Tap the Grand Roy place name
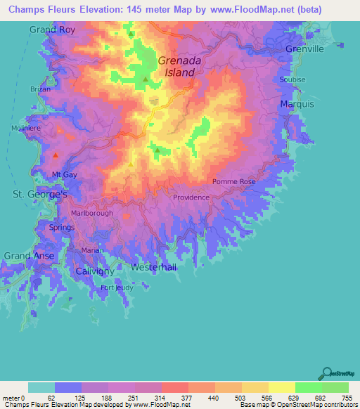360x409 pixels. click(x=51, y=30)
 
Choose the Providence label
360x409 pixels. click(x=191, y=197)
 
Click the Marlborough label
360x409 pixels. click(x=92, y=214)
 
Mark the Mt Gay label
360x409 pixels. click(x=65, y=174)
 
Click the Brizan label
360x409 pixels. click(x=41, y=89)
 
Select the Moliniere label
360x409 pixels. click(x=26, y=129)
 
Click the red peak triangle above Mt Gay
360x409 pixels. click(x=55, y=155)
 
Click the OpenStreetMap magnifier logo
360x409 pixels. click(x=327, y=374)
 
